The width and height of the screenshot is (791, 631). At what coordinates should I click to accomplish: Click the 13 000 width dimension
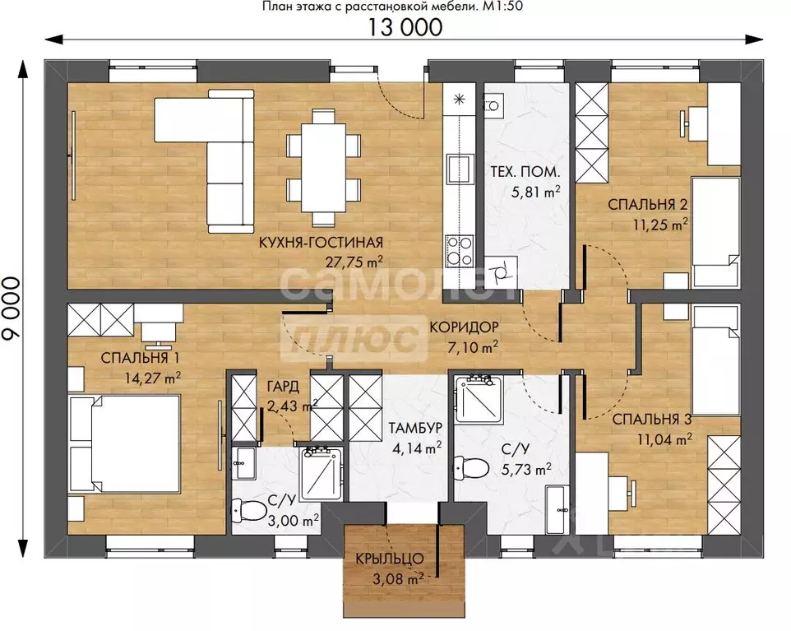[x=405, y=27]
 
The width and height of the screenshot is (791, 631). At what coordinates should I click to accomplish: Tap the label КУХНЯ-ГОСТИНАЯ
[x=321, y=243]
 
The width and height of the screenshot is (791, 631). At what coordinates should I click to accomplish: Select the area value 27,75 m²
[x=354, y=262]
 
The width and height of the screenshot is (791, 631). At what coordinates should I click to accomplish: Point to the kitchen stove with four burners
[x=459, y=251]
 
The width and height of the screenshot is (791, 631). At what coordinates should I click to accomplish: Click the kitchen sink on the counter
[x=459, y=169]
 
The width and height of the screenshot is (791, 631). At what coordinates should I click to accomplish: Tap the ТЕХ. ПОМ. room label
[x=525, y=172]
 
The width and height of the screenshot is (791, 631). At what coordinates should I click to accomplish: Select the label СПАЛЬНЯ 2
[x=648, y=205]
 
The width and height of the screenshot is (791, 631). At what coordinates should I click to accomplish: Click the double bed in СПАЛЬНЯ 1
[x=125, y=444]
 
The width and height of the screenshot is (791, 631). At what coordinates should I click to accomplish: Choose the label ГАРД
[x=283, y=387]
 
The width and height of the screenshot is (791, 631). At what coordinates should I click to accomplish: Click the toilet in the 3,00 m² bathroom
[x=248, y=511]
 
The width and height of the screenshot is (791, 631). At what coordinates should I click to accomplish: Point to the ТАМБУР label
[x=415, y=428]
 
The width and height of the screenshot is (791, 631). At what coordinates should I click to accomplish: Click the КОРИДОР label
[x=464, y=327]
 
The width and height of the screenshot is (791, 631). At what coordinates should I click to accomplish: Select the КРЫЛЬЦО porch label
[x=390, y=559]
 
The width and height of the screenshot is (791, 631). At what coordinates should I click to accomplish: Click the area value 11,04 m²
[x=664, y=439]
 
